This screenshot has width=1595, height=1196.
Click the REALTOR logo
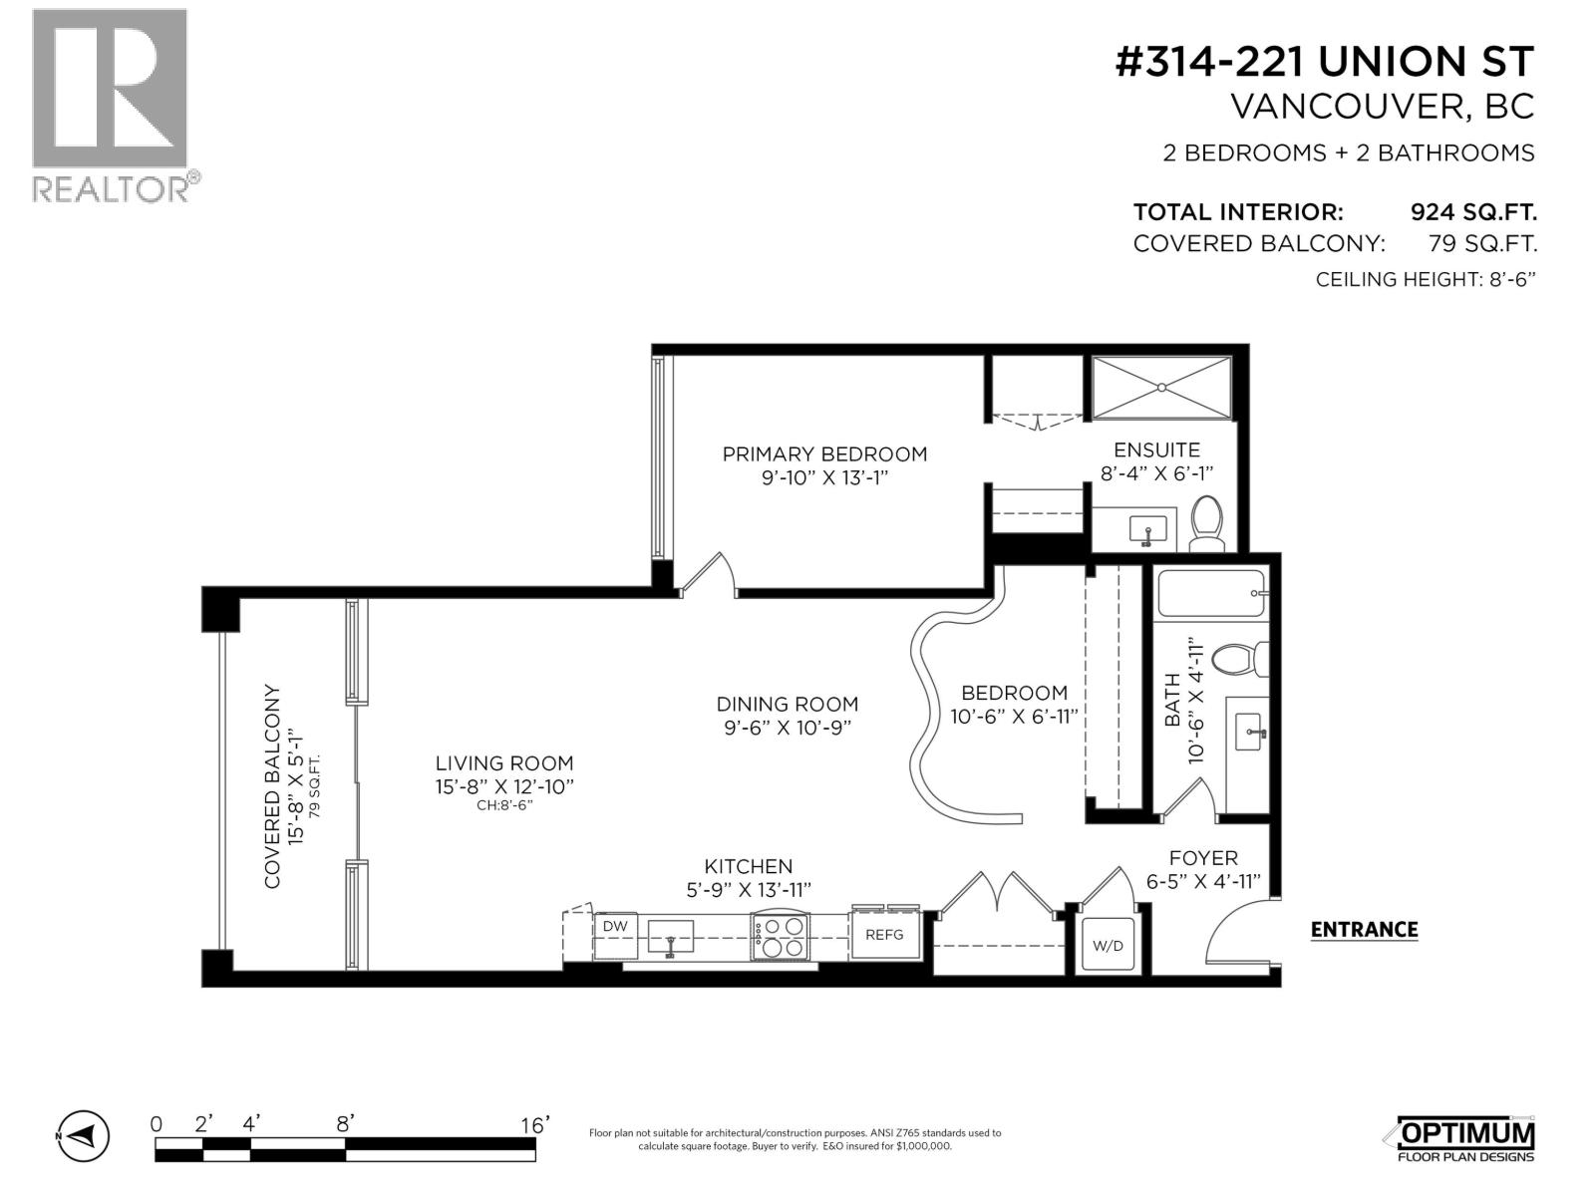[x=110, y=105]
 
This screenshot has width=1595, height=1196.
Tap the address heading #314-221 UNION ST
[x=1324, y=62]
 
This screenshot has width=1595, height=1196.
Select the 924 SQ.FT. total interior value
[x=1472, y=212]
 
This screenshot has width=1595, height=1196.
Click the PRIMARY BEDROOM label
[x=824, y=454]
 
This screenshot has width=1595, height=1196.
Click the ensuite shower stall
[x=1161, y=389]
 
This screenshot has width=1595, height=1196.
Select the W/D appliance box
[x=1108, y=945]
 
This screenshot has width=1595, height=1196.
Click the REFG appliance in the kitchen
[x=884, y=935]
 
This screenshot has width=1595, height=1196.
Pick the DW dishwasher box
[x=615, y=927]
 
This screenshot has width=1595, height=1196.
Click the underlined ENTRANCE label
[x=1364, y=930]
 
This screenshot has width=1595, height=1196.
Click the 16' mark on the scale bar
[x=534, y=1125]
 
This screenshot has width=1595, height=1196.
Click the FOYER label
[x=1203, y=858]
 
